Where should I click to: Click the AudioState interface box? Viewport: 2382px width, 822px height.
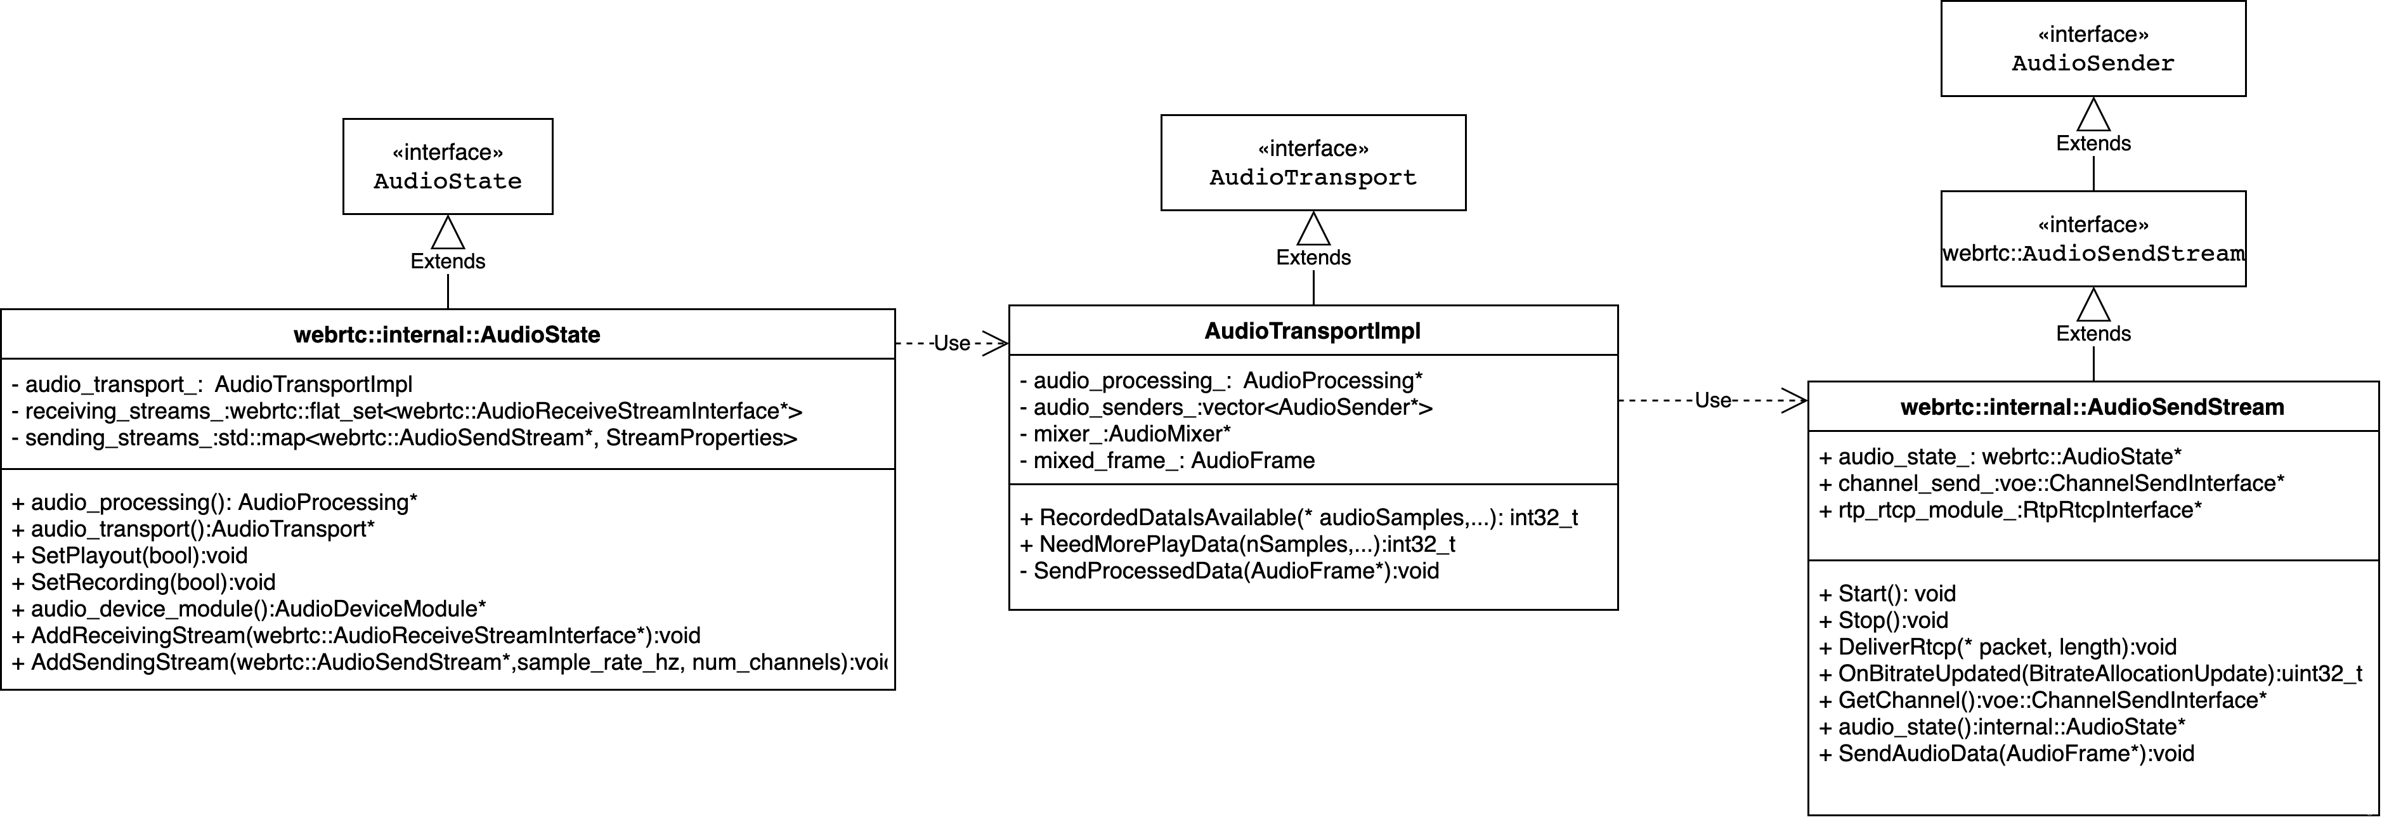click(x=448, y=166)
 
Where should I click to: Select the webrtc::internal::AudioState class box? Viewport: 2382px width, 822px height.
click(x=448, y=334)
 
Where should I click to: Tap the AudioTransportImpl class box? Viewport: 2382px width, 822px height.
click(x=1313, y=330)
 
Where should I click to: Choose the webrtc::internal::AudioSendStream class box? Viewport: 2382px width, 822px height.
click(x=2093, y=406)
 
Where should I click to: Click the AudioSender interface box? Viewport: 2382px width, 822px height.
click(x=2093, y=48)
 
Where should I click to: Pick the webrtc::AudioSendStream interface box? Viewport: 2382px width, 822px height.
click(x=2093, y=238)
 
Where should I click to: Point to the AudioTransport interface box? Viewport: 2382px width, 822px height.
click(x=1313, y=163)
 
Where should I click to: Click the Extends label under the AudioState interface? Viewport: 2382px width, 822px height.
click(x=448, y=261)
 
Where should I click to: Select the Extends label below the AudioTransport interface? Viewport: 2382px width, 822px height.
click(x=1313, y=257)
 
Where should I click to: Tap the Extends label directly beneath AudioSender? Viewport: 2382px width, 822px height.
click(x=2093, y=143)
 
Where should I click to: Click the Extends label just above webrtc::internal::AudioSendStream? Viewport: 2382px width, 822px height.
click(x=2093, y=334)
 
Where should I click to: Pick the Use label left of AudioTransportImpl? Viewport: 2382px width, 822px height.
click(x=951, y=343)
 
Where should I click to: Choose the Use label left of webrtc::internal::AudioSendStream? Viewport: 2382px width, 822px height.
click(x=1712, y=400)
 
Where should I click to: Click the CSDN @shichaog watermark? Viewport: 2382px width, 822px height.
click(x=2337, y=811)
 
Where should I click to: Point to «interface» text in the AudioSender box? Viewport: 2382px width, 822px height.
click(x=2093, y=34)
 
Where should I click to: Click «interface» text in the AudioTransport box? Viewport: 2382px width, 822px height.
click(x=1313, y=148)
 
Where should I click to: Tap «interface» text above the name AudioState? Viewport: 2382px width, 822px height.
click(x=448, y=152)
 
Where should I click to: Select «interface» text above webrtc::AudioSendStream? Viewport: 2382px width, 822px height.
click(x=2093, y=225)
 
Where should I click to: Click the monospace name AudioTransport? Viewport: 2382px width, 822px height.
click(x=1313, y=178)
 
